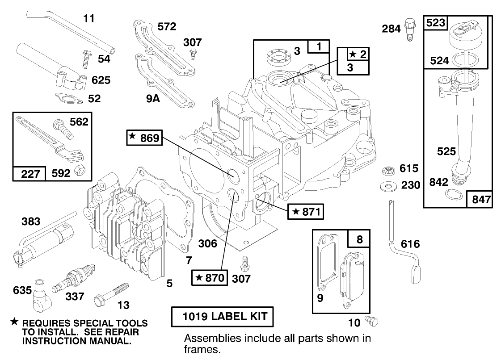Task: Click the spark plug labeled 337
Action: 74,279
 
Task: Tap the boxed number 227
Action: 29,174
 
